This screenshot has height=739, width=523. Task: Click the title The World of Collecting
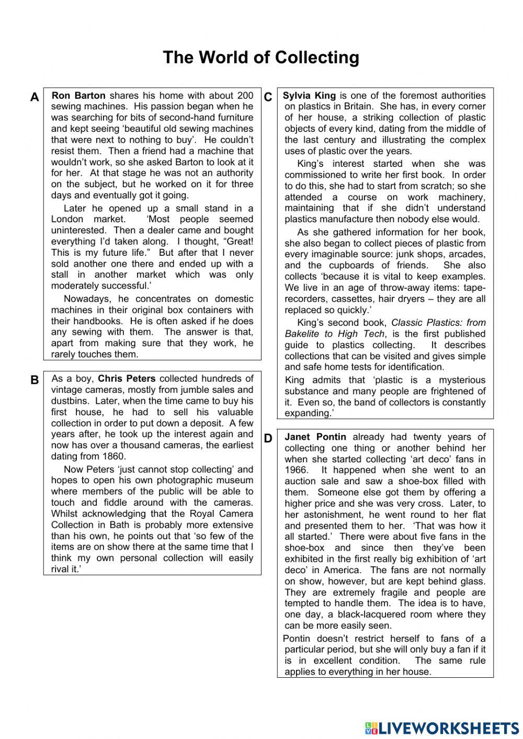pyautogui.click(x=261, y=57)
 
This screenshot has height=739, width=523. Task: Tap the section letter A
pyautogui.click(x=35, y=97)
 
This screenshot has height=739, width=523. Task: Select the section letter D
pyautogui.click(x=268, y=438)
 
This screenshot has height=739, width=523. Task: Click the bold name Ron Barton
pyautogui.click(x=79, y=96)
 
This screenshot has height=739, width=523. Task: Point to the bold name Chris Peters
pyautogui.click(x=127, y=379)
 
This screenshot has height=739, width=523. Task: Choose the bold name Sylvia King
pyautogui.click(x=309, y=96)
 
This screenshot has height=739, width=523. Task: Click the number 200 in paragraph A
pyautogui.click(x=245, y=96)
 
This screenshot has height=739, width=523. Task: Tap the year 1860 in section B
pyautogui.click(x=114, y=456)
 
